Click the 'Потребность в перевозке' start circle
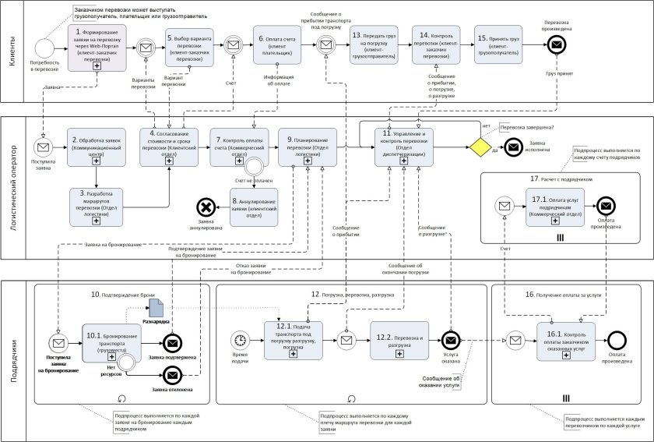tap(44, 47)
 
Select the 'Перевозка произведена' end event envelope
tap(556, 47)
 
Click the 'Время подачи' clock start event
tap(241, 340)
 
